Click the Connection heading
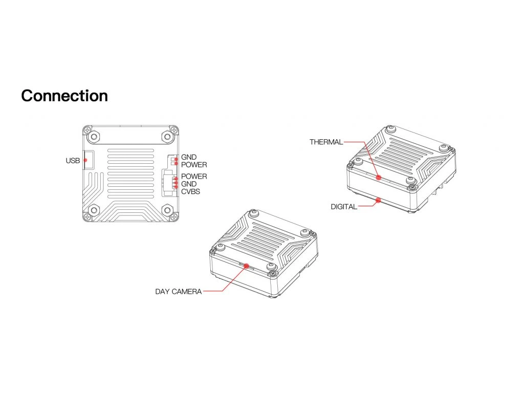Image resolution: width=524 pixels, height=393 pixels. tap(64, 96)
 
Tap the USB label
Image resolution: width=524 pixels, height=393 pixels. tap(73, 161)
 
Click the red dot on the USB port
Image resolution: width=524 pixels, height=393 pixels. tap(85, 160)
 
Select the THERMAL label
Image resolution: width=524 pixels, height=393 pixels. tap(326, 142)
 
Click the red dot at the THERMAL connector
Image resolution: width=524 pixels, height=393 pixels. tap(378, 178)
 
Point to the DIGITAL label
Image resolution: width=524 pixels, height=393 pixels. tap(344, 207)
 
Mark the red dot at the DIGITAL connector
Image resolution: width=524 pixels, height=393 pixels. tap(378, 201)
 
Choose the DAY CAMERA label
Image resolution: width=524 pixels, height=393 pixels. tap(179, 292)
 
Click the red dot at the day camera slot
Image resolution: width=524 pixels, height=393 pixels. tap(247, 266)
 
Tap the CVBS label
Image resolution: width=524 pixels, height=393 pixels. tap(190, 192)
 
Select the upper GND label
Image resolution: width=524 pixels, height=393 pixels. tap(189, 157)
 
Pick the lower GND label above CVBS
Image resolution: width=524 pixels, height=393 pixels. tap(189, 184)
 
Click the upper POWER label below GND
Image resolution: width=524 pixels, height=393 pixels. tap(194, 165)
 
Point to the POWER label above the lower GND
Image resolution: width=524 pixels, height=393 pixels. tap(194, 177)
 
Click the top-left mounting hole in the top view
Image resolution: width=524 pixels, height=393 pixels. tap(94, 136)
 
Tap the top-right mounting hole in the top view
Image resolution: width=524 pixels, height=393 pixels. tap(167, 136)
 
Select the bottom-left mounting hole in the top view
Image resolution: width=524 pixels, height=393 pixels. tap(94, 210)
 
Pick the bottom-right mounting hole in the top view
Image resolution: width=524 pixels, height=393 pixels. tap(167, 210)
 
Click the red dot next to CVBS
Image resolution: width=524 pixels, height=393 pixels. tap(176, 187)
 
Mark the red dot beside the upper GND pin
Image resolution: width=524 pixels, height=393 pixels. tap(176, 160)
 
